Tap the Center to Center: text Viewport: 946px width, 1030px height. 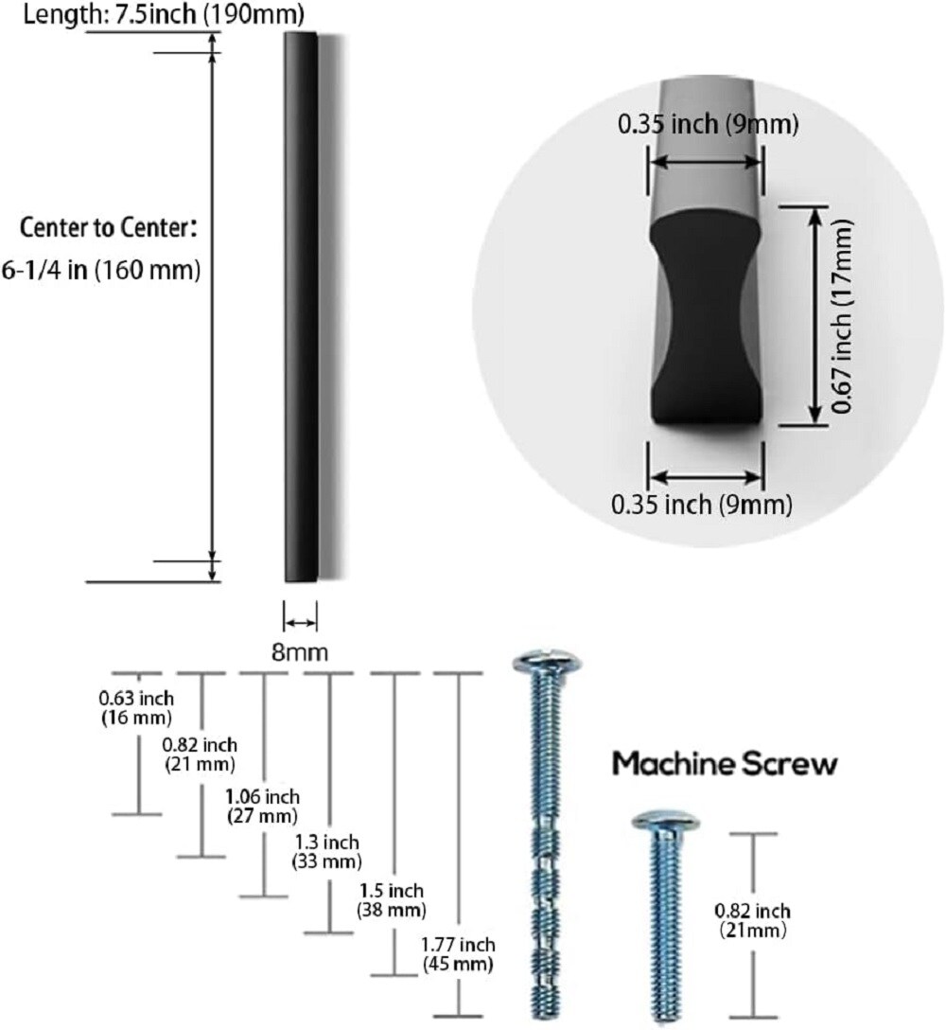(109, 228)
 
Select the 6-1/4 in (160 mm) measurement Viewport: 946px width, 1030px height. (102, 271)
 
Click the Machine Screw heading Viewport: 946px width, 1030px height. (725, 764)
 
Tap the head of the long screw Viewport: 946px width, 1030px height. (546, 662)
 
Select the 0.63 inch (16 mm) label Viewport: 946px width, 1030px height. (136, 707)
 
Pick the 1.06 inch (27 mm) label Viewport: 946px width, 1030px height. (263, 806)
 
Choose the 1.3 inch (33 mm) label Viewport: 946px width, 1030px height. (327, 851)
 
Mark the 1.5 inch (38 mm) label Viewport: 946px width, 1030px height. (391, 899)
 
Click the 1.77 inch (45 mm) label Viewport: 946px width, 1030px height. (459, 954)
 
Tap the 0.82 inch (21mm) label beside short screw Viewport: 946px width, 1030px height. (752, 919)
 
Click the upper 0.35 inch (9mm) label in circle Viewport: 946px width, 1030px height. (708, 124)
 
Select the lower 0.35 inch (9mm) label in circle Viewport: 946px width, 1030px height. (701, 505)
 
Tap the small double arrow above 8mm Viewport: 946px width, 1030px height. (301, 622)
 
